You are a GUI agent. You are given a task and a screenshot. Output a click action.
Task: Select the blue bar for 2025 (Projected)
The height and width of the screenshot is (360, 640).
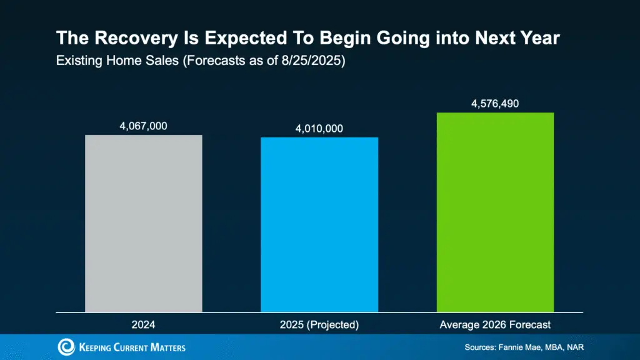pos(319,224)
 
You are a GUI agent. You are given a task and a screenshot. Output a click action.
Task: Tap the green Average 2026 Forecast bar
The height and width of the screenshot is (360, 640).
pos(495,212)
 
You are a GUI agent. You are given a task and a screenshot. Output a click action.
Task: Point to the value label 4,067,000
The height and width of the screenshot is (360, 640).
pos(143,126)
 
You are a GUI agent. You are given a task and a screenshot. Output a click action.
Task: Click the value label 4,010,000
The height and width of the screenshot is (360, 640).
pos(319,128)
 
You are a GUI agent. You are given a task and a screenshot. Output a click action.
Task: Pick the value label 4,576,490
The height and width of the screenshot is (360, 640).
pos(495,103)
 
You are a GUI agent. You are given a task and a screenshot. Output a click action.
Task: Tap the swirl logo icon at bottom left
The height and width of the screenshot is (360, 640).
pos(66,347)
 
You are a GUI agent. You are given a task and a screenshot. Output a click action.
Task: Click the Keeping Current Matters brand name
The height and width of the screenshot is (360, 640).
pos(132,347)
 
